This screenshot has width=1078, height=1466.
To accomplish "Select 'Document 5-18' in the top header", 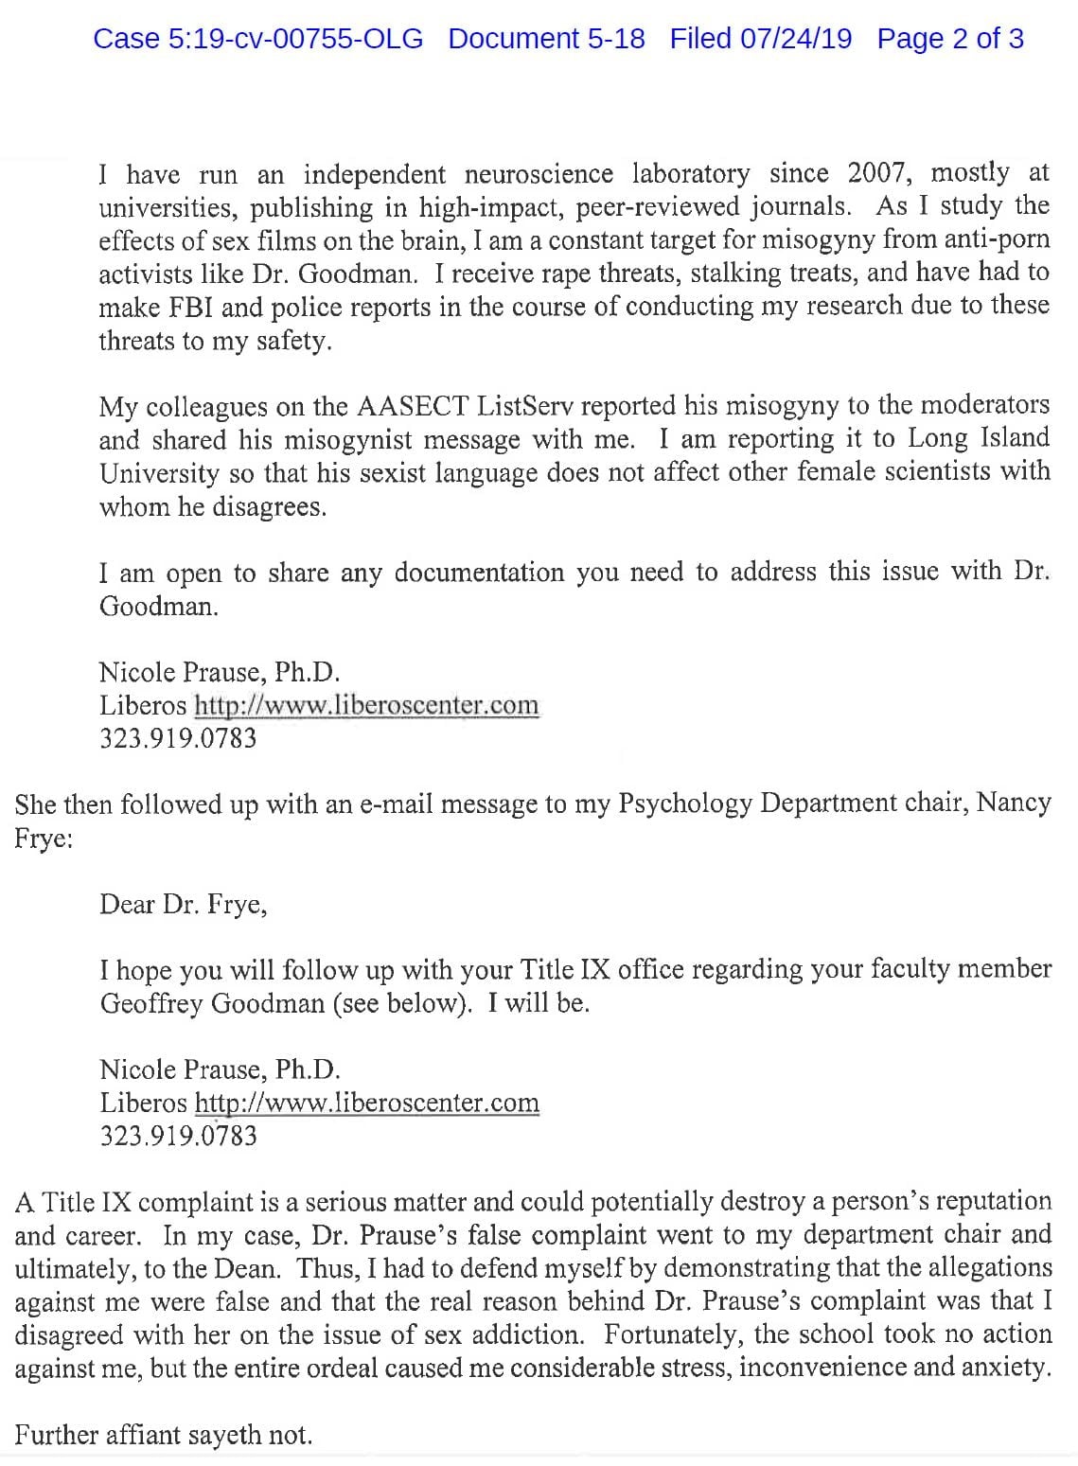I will pos(546,39).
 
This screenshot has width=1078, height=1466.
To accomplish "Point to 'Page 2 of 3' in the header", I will pos(949,39).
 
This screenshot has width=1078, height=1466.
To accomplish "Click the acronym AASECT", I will pos(412,407).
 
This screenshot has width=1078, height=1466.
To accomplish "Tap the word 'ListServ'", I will pos(526,407).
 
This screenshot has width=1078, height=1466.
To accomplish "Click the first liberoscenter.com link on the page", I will pos(366,705).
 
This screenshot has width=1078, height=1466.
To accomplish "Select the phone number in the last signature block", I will pos(178,1136).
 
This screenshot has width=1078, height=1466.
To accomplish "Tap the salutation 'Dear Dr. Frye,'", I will pos(183,905).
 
